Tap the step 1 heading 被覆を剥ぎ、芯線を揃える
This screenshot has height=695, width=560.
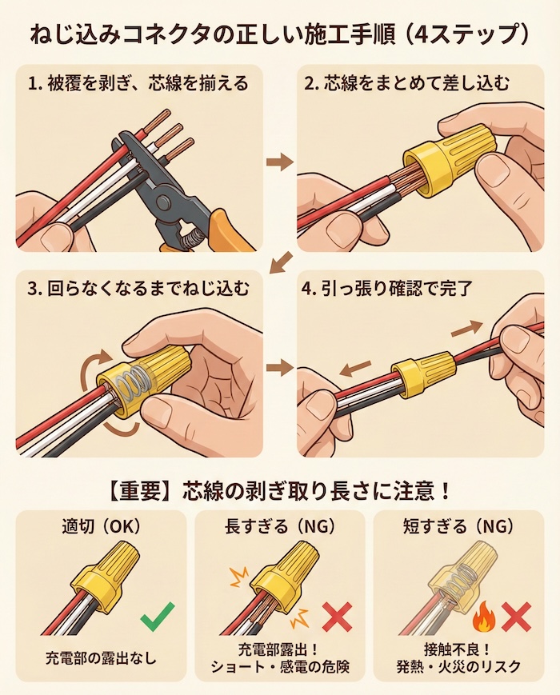pos(138,82)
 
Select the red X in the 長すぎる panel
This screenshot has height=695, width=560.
pos(337,618)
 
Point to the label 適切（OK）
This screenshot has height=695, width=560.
pos(100,527)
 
